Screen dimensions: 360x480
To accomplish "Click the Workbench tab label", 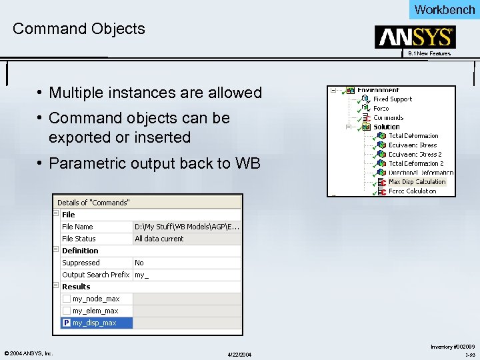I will coord(444,9).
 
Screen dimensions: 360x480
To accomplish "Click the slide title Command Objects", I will coord(79,29).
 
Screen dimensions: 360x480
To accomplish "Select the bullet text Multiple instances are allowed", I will coord(155,93).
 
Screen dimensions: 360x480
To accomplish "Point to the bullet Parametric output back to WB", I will coord(155,163).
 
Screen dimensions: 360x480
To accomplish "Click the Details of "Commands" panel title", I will coord(93,202).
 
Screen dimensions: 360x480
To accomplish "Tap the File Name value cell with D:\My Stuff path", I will coord(187,227).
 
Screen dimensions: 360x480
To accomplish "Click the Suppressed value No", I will coord(139,263).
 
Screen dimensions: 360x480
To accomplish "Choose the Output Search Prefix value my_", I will coord(141,275).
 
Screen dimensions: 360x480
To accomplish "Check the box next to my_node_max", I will coord(67,299).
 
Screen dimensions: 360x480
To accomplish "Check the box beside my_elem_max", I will coord(67,311).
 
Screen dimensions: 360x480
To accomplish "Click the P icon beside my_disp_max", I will coord(67,323).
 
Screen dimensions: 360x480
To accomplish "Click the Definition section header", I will coord(80,251).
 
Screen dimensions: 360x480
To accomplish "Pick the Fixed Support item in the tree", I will coord(392,99).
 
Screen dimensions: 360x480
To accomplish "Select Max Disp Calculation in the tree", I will coord(417,181).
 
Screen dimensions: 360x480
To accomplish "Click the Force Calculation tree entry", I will coord(412,191).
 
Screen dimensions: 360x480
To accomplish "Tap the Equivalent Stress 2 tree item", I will coord(415,154).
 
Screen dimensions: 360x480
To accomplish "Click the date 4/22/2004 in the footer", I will coord(240,353).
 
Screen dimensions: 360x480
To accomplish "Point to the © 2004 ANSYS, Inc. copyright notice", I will coord(29,353).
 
